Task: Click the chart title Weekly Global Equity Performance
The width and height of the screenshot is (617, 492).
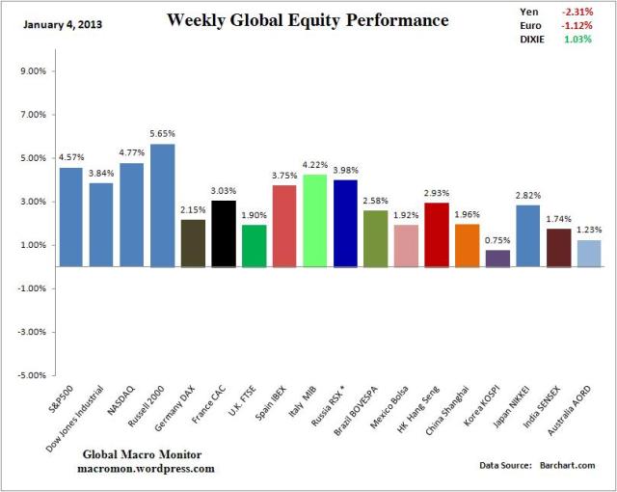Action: click(x=307, y=20)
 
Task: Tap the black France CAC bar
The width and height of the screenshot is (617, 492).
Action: click(x=224, y=232)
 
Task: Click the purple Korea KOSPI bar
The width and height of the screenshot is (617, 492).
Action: click(x=498, y=258)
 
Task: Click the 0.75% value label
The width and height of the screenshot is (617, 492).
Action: click(x=498, y=240)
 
